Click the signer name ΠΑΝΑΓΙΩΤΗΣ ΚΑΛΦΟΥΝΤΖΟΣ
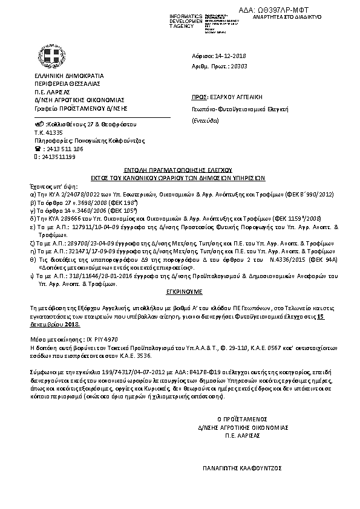click(242, 468)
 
